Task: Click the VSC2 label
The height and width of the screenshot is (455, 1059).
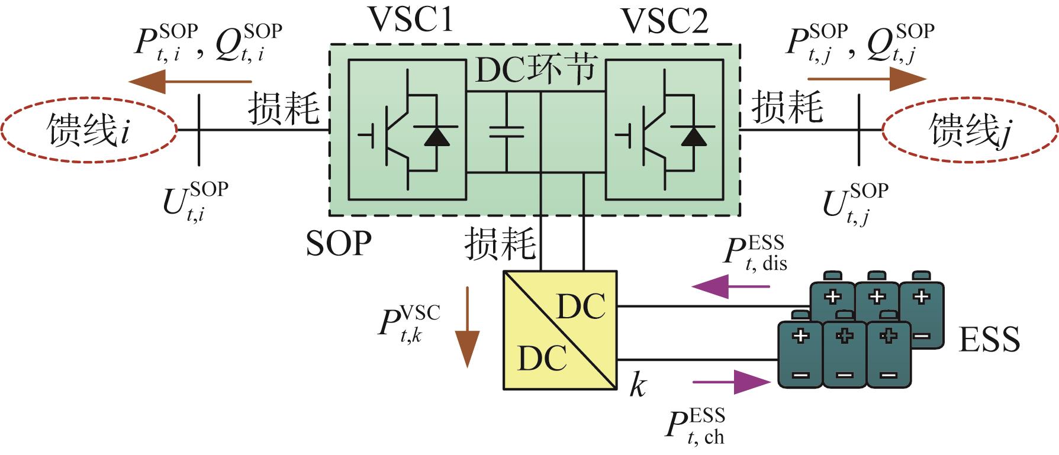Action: pos(665,21)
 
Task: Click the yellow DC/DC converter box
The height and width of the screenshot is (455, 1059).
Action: pos(560,330)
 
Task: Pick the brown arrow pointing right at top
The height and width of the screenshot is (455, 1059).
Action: pos(867,79)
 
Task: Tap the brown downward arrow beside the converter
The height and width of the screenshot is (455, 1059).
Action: pos(468,327)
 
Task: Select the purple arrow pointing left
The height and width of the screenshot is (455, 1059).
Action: pos(730,287)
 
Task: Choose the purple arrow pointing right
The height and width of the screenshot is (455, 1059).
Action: pos(732,382)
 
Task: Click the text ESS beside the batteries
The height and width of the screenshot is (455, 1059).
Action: pos(989,340)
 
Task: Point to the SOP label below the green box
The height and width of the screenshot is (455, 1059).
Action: pos(339,243)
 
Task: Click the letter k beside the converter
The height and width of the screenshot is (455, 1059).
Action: pos(637,386)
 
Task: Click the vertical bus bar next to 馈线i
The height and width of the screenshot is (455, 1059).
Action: pos(199,130)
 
